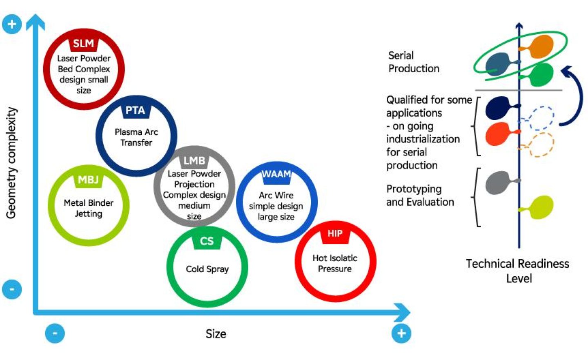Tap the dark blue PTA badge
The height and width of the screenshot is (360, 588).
coord(135,111)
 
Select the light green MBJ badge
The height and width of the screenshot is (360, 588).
coord(88,180)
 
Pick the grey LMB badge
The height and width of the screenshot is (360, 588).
coord(194,161)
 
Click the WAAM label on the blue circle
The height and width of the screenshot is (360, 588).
coord(276,174)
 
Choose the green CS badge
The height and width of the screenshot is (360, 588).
coord(207,241)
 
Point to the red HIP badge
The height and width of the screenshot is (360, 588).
coord(335,233)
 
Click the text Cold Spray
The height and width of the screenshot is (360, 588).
coord(207,269)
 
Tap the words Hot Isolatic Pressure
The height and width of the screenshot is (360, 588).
coord(335,263)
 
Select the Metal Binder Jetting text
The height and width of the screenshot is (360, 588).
coord(89,208)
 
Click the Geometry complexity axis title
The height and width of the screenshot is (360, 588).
coord(11,163)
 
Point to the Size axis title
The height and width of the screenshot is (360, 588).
coord(216,334)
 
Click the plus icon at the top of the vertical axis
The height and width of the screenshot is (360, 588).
coord(12,24)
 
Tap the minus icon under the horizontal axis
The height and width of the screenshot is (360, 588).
coord(55,333)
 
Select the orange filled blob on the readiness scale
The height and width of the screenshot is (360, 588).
coord(541,47)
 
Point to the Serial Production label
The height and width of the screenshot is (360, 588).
coord(413,62)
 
